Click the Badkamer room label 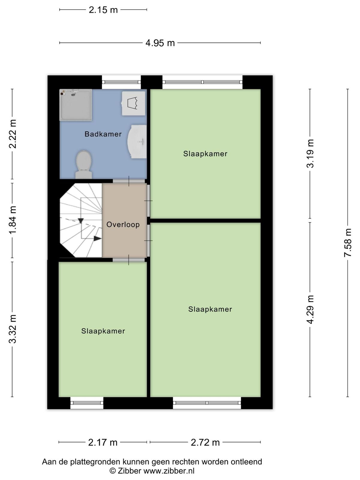click(x=103, y=134)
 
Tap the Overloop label click(x=123, y=225)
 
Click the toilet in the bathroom click(x=84, y=164)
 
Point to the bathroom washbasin click(x=137, y=142)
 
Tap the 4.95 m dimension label click(x=160, y=43)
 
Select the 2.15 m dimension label click(x=103, y=10)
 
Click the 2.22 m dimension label click(x=13, y=134)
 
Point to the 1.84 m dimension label click(x=13, y=220)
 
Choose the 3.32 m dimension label click(x=13, y=329)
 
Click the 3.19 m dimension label click(x=310, y=154)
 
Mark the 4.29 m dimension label click(x=310, y=309)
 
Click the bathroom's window click(x=121, y=82)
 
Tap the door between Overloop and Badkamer click(x=129, y=181)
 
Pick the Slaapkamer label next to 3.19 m click(x=205, y=154)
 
